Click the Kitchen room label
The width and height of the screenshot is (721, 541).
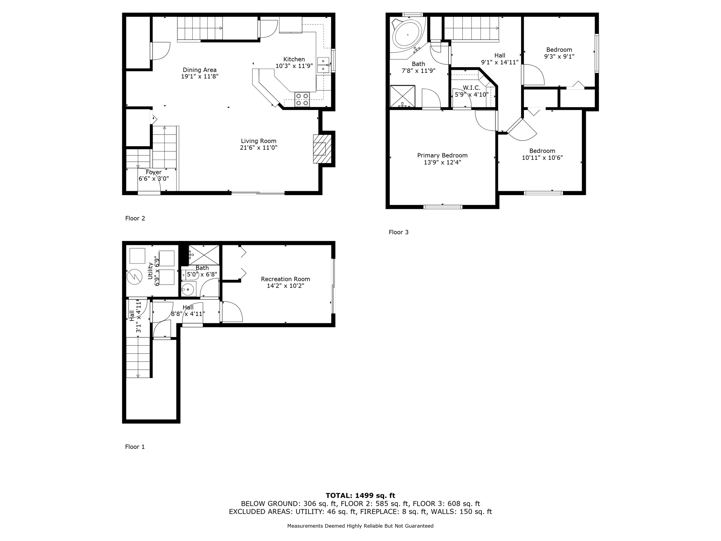pyautogui.click(x=294, y=59)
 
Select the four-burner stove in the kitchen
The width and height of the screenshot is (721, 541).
pyautogui.click(x=302, y=99)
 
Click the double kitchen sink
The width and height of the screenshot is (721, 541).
pyautogui.click(x=323, y=65)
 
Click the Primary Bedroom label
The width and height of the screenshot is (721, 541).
pyautogui.click(x=442, y=155)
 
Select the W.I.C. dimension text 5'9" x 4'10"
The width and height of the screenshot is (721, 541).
pyautogui.click(x=471, y=94)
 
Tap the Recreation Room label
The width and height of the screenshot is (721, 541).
pyautogui.click(x=285, y=279)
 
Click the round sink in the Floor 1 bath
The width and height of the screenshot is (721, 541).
pyautogui.click(x=188, y=290)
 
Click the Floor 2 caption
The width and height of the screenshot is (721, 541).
pyautogui.click(x=135, y=218)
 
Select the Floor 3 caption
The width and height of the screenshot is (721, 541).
pyautogui.click(x=399, y=232)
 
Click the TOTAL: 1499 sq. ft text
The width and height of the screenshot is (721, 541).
pyautogui.click(x=360, y=496)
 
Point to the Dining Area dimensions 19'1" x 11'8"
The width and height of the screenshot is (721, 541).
pyautogui.click(x=200, y=76)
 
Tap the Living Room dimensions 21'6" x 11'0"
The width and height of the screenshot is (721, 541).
pyautogui.click(x=258, y=148)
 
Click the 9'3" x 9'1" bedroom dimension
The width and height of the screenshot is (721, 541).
pyautogui.click(x=559, y=56)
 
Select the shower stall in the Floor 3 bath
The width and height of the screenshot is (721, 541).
pyautogui.click(x=402, y=96)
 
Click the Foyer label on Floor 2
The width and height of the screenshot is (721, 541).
pyautogui.click(x=153, y=172)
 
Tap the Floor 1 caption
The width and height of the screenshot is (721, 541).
pyautogui.click(x=135, y=447)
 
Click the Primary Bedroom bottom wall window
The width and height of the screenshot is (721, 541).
pyautogui.click(x=443, y=207)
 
